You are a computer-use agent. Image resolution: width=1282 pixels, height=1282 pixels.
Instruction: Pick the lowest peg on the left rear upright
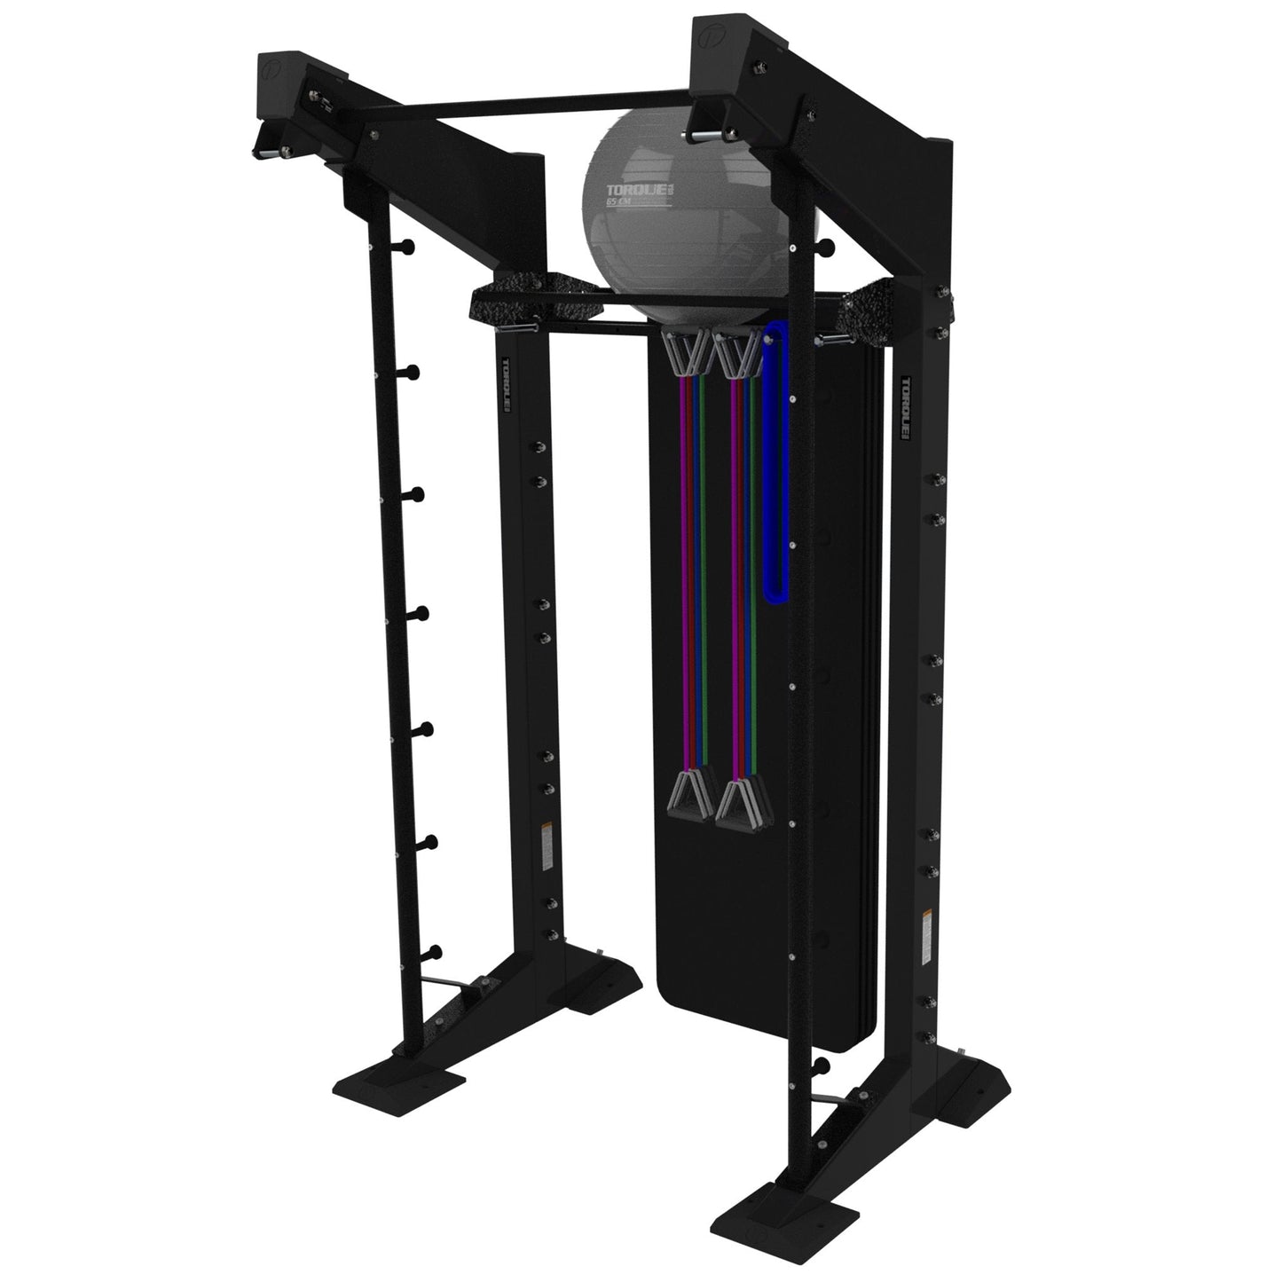tap(432, 952)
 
